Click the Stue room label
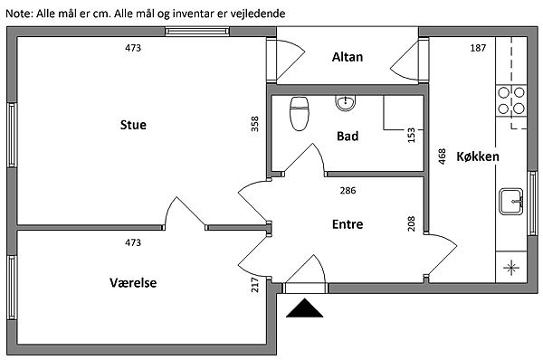[x=133, y=125]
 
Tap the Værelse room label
[x=133, y=283]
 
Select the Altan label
[x=348, y=57]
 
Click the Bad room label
[x=348, y=136]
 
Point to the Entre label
[x=348, y=224]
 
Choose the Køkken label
[x=478, y=156]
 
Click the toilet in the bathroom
[x=300, y=114]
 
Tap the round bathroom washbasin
[x=346, y=102]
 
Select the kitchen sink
[x=511, y=202]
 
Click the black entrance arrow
[x=304, y=308]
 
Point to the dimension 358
[x=255, y=124]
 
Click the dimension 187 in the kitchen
[x=478, y=48]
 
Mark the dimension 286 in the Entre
[x=348, y=190]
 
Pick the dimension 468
[x=442, y=156]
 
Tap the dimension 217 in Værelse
[x=255, y=285]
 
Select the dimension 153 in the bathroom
[x=411, y=135]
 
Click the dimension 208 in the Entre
[x=411, y=223]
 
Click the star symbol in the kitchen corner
[x=511, y=268]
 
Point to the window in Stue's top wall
[x=197, y=32]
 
